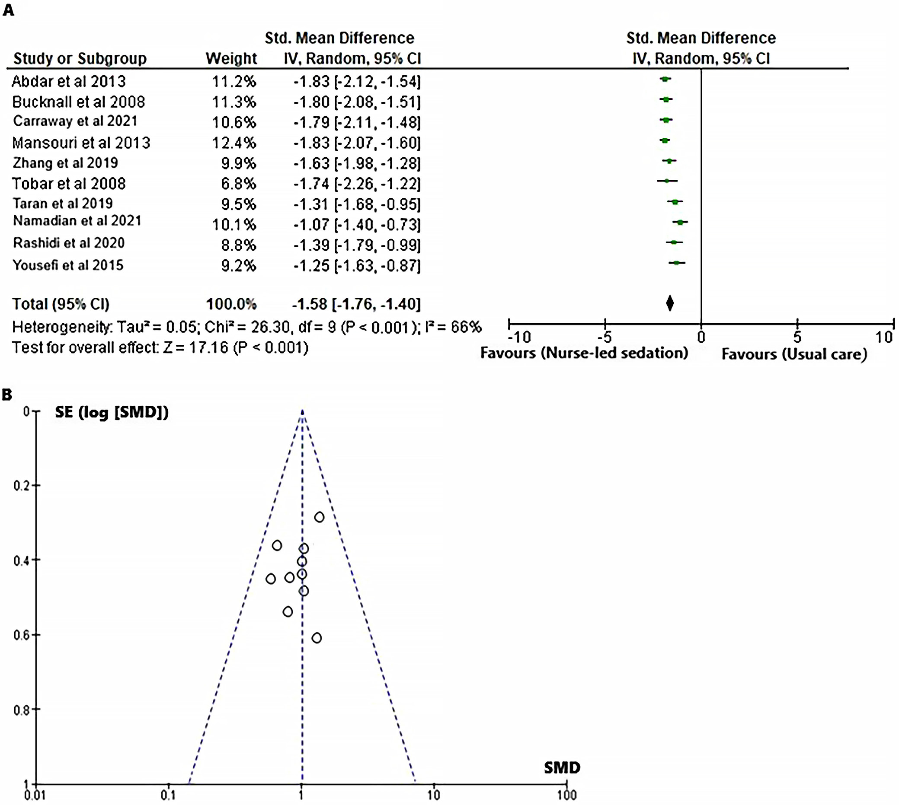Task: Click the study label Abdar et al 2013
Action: click(x=69, y=81)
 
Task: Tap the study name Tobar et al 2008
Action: click(x=69, y=184)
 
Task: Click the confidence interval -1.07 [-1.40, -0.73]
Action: click(x=357, y=225)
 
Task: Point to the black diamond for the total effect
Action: click(x=670, y=303)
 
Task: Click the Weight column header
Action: click(x=231, y=58)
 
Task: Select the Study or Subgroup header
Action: click(x=80, y=58)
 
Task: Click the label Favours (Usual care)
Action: click(x=794, y=354)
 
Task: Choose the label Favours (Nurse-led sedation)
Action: click(x=584, y=353)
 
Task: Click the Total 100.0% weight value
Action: click(x=231, y=304)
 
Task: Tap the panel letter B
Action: click(x=7, y=395)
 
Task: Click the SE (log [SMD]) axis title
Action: click(x=112, y=412)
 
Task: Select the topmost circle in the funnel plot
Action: click(x=319, y=517)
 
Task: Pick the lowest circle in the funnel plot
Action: click(x=317, y=637)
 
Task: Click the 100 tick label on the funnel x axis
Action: click(x=566, y=795)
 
